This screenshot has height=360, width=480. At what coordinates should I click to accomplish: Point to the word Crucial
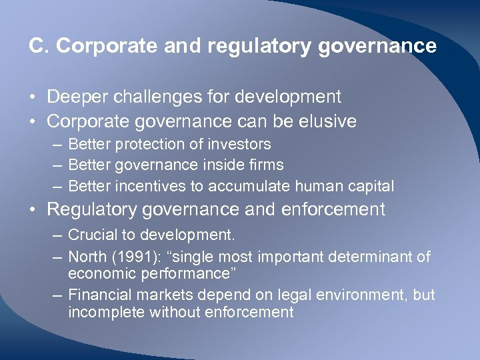(x=90, y=235)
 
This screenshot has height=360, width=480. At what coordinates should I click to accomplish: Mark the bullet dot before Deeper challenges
(x=33, y=97)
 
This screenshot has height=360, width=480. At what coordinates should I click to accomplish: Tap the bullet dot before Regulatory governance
(x=33, y=210)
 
